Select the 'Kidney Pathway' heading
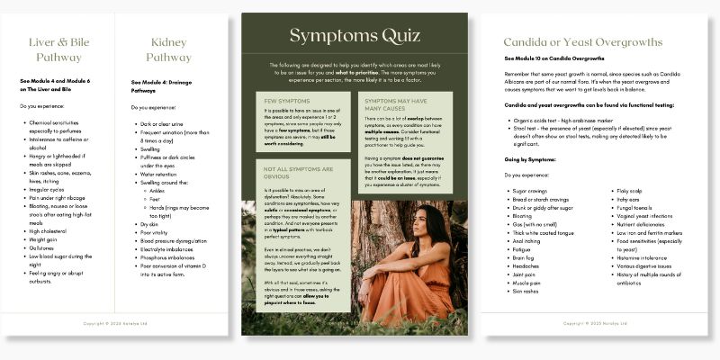[169, 49]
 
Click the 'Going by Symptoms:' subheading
[533, 158]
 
